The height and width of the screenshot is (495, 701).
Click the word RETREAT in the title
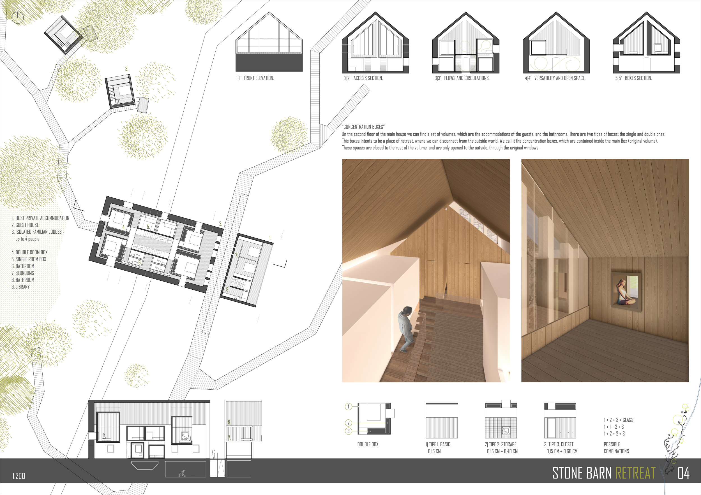(x=635, y=473)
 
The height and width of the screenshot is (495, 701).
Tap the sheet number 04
(x=683, y=473)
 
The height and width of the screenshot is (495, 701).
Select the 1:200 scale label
(x=19, y=476)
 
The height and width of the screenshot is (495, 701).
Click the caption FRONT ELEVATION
(x=259, y=78)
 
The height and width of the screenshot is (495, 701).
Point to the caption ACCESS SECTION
(x=368, y=78)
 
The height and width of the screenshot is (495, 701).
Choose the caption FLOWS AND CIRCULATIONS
(x=467, y=78)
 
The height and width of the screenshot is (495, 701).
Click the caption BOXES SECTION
(x=638, y=78)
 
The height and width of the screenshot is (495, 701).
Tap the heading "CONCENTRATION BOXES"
(x=363, y=127)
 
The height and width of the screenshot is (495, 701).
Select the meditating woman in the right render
(x=626, y=292)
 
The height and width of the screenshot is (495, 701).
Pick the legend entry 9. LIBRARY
(x=21, y=287)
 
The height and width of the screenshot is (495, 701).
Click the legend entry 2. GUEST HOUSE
(x=25, y=225)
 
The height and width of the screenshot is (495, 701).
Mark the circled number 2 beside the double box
(x=348, y=423)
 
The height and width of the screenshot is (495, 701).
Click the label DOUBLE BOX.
(x=368, y=444)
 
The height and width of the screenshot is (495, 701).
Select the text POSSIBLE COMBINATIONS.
(x=617, y=448)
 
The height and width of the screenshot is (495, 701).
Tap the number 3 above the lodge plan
(x=127, y=69)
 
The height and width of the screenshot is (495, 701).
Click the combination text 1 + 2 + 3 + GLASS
(x=619, y=420)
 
